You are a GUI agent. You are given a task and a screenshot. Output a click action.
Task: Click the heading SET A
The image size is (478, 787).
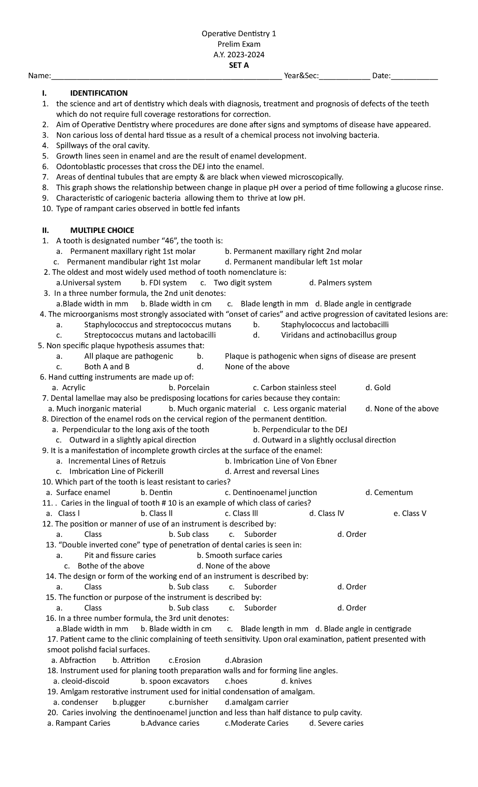pos(239,65)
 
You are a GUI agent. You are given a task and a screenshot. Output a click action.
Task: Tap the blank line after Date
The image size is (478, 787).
pos(414,77)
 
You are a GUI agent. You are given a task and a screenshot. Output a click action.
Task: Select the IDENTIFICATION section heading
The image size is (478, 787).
pos(99,93)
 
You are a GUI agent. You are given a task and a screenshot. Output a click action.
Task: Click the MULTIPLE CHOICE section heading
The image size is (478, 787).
pos(102,230)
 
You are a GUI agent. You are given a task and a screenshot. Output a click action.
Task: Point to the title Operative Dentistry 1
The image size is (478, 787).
pos(239,34)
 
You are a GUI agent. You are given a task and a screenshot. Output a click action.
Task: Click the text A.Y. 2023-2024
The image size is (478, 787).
pos(239,55)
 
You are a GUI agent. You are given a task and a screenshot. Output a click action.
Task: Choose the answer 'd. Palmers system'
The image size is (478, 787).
pos(340,283)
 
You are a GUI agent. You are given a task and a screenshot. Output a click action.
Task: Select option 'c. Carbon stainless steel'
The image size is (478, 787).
pos(294,388)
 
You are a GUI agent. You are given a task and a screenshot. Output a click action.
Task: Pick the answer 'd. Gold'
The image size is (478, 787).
pos(378,388)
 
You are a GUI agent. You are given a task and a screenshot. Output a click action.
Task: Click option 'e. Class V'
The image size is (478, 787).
pos(409,513)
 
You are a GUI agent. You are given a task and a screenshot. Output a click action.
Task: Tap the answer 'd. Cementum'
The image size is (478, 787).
pos(389,493)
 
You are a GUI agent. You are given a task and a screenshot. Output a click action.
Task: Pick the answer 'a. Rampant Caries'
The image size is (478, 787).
pos(79,723)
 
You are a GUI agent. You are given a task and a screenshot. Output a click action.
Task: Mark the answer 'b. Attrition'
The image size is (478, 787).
pos(131,660)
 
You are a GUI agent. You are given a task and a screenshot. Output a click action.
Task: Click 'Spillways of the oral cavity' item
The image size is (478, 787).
pos(103,145)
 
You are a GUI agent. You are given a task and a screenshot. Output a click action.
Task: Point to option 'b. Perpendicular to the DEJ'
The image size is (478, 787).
pos(300,429)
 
